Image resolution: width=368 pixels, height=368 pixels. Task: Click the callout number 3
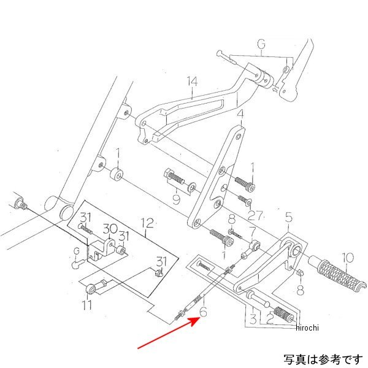point(251,318)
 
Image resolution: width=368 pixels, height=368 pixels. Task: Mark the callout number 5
point(289,217)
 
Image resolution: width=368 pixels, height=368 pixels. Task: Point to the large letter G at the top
point(261,45)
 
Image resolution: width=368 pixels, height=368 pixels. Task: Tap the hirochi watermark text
point(306,328)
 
